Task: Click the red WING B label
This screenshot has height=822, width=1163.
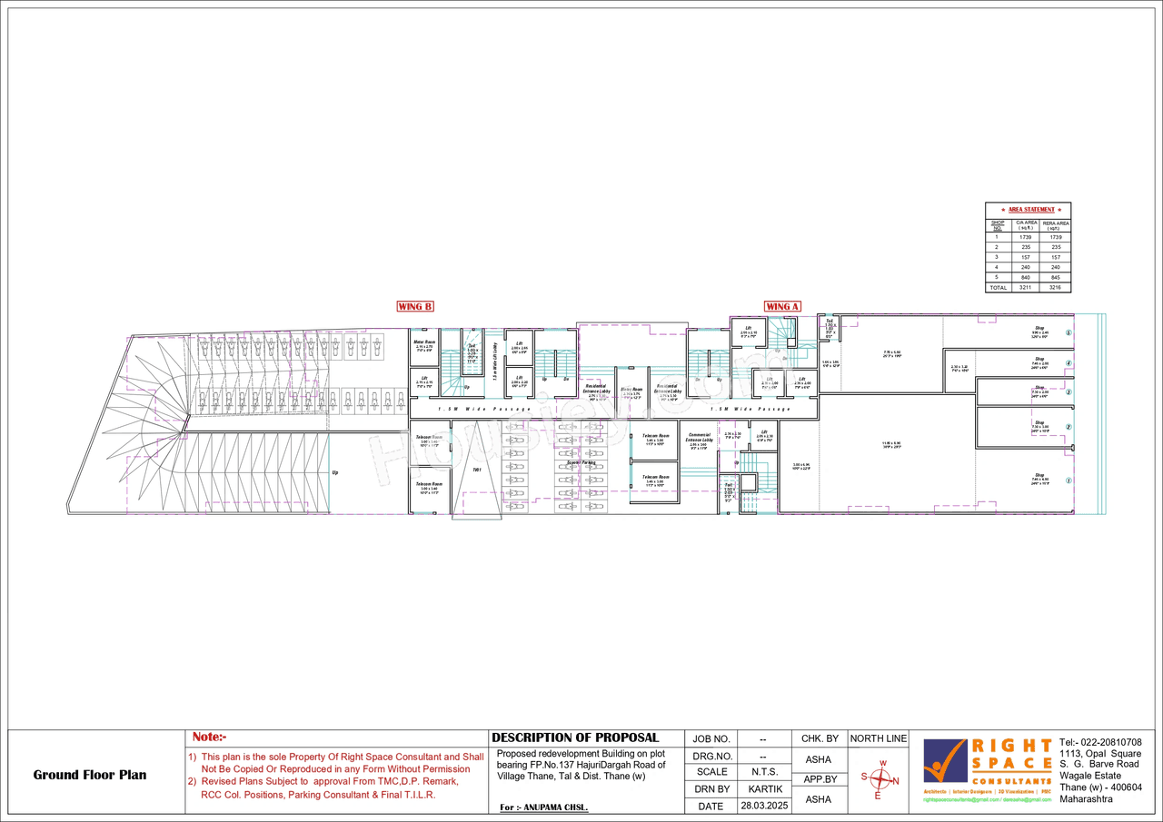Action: point(415,306)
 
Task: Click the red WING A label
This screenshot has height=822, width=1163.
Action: point(781,306)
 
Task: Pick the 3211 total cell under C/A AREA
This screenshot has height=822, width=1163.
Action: point(1026,287)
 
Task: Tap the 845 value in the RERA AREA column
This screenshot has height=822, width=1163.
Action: point(1055,277)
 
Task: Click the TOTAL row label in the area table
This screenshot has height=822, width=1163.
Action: point(997,287)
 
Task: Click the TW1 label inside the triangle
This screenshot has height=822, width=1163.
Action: point(476,470)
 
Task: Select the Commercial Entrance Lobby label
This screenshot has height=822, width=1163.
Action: point(699,439)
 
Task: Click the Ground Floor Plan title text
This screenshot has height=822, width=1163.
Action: point(89,775)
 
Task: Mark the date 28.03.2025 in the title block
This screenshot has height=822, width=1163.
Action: point(763,806)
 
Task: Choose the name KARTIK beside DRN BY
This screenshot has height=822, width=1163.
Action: point(763,789)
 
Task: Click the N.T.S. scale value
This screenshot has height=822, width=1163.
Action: point(763,772)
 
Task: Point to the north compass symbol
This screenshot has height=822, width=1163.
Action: point(879,779)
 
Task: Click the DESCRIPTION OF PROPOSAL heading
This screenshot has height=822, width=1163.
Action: point(575,738)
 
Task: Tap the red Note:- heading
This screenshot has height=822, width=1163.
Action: point(209,738)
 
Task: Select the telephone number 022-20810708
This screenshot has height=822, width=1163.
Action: point(1107,742)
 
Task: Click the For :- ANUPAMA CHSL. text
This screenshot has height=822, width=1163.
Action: point(544,807)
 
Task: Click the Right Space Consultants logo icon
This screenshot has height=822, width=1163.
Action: point(945,761)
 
